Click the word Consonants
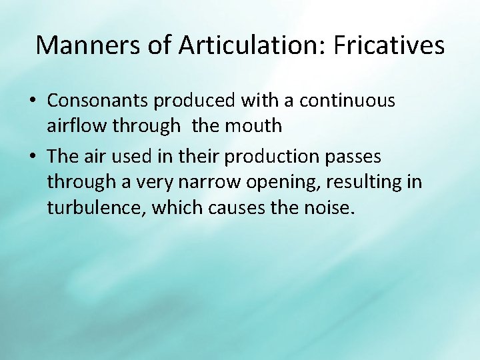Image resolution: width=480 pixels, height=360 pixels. pos(98,101)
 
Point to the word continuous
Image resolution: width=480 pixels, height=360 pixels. pos(347,101)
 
